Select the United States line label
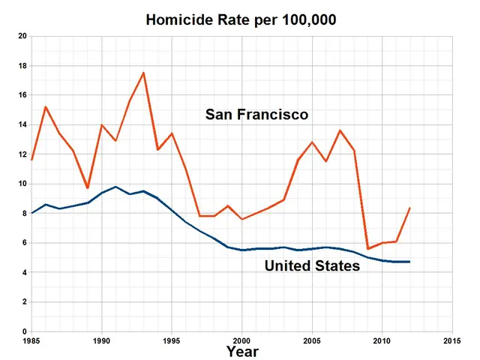click(x=312, y=265)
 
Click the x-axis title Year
click(x=242, y=351)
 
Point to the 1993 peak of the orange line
click(x=143, y=73)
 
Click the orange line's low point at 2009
click(x=368, y=248)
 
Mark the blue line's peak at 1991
click(x=115, y=187)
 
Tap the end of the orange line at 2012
click(x=410, y=208)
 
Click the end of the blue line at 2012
click(x=410, y=262)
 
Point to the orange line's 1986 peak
click(x=46, y=106)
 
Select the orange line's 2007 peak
click(x=340, y=130)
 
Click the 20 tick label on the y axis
click(x=22, y=36)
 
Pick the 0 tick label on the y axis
click(x=24, y=331)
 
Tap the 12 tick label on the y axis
click(x=22, y=154)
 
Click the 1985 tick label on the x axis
click(x=31, y=340)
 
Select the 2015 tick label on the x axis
click(x=452, y=340)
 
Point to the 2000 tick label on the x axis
click(x=241, y=340)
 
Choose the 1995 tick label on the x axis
click(x=172, y=340)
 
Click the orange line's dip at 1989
click(x=88, y=188)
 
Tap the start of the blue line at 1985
click(x=31, y=213)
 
